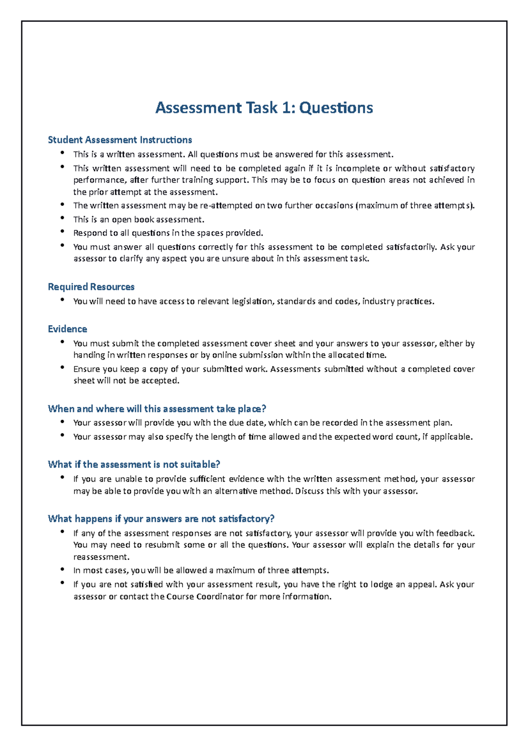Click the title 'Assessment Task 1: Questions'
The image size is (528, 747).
(264, 108)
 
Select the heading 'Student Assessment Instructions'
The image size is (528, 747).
(120, 140)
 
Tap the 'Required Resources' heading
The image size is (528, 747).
(91, 287)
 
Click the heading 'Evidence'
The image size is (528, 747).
(67, 329)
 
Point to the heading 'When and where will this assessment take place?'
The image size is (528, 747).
(157, 409)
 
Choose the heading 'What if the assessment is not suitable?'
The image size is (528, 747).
(134, 465)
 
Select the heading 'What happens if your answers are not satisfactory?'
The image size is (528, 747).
(161, 519)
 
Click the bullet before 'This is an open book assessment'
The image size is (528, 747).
(62, 218)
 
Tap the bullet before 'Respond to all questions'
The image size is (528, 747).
(62, 232)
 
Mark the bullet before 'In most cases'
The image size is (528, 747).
(62, 569)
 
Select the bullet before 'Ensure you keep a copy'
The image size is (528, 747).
(62, 368)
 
